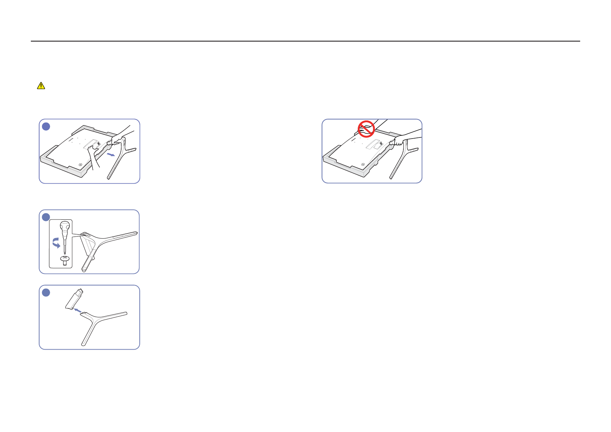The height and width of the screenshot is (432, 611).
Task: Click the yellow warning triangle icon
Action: [x=41, y=86]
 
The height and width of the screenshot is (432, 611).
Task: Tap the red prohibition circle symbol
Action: [x=366, y=128]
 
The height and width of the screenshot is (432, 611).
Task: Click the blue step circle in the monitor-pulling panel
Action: [x=46, y=126]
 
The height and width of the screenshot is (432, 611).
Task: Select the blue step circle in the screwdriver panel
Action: [x=46, y=217]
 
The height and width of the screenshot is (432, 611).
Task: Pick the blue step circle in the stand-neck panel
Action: [x=46, y=292]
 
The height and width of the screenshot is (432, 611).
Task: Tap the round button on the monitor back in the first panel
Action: [x=80, y=164]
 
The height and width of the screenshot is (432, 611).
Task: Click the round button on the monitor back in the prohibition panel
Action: [x=363, y=164]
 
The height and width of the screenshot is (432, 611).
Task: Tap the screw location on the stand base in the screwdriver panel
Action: [x=86, y=235]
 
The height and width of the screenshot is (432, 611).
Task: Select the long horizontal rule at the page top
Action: [x=305, y=41]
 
